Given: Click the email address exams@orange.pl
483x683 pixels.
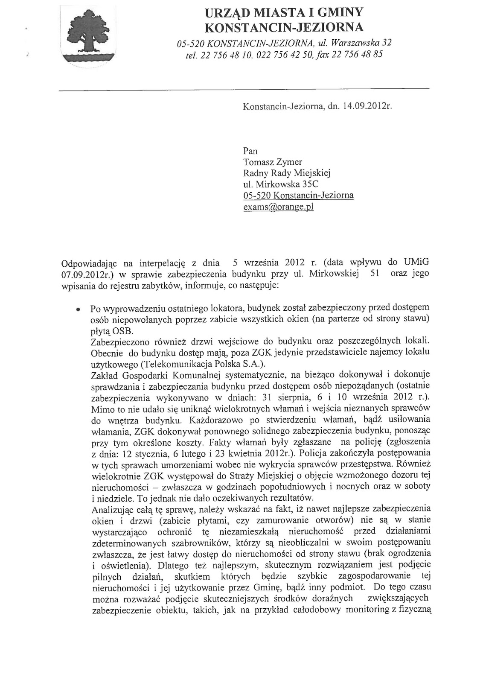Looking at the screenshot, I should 278,207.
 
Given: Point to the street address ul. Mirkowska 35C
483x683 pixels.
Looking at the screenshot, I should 280,184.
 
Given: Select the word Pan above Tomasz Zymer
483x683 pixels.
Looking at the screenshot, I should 250,151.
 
